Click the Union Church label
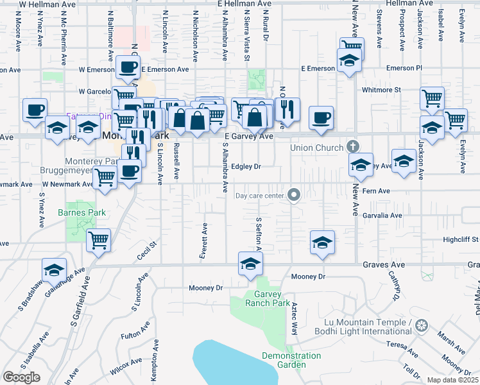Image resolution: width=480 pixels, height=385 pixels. tap(315, 148)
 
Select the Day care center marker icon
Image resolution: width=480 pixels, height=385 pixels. tap(295, 195)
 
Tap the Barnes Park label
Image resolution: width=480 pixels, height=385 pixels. tap(76, 212)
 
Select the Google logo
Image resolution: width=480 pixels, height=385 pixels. tap(21, 377)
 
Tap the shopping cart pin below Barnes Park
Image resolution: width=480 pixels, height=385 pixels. tap(99, 241)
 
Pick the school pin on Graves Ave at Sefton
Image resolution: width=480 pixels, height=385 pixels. tap(250, 263)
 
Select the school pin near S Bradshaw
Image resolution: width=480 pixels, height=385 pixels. tap(55, 269)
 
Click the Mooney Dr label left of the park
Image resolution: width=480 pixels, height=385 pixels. tap(205, 287)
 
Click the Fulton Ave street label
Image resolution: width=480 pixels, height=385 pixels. tap(135, 335)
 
